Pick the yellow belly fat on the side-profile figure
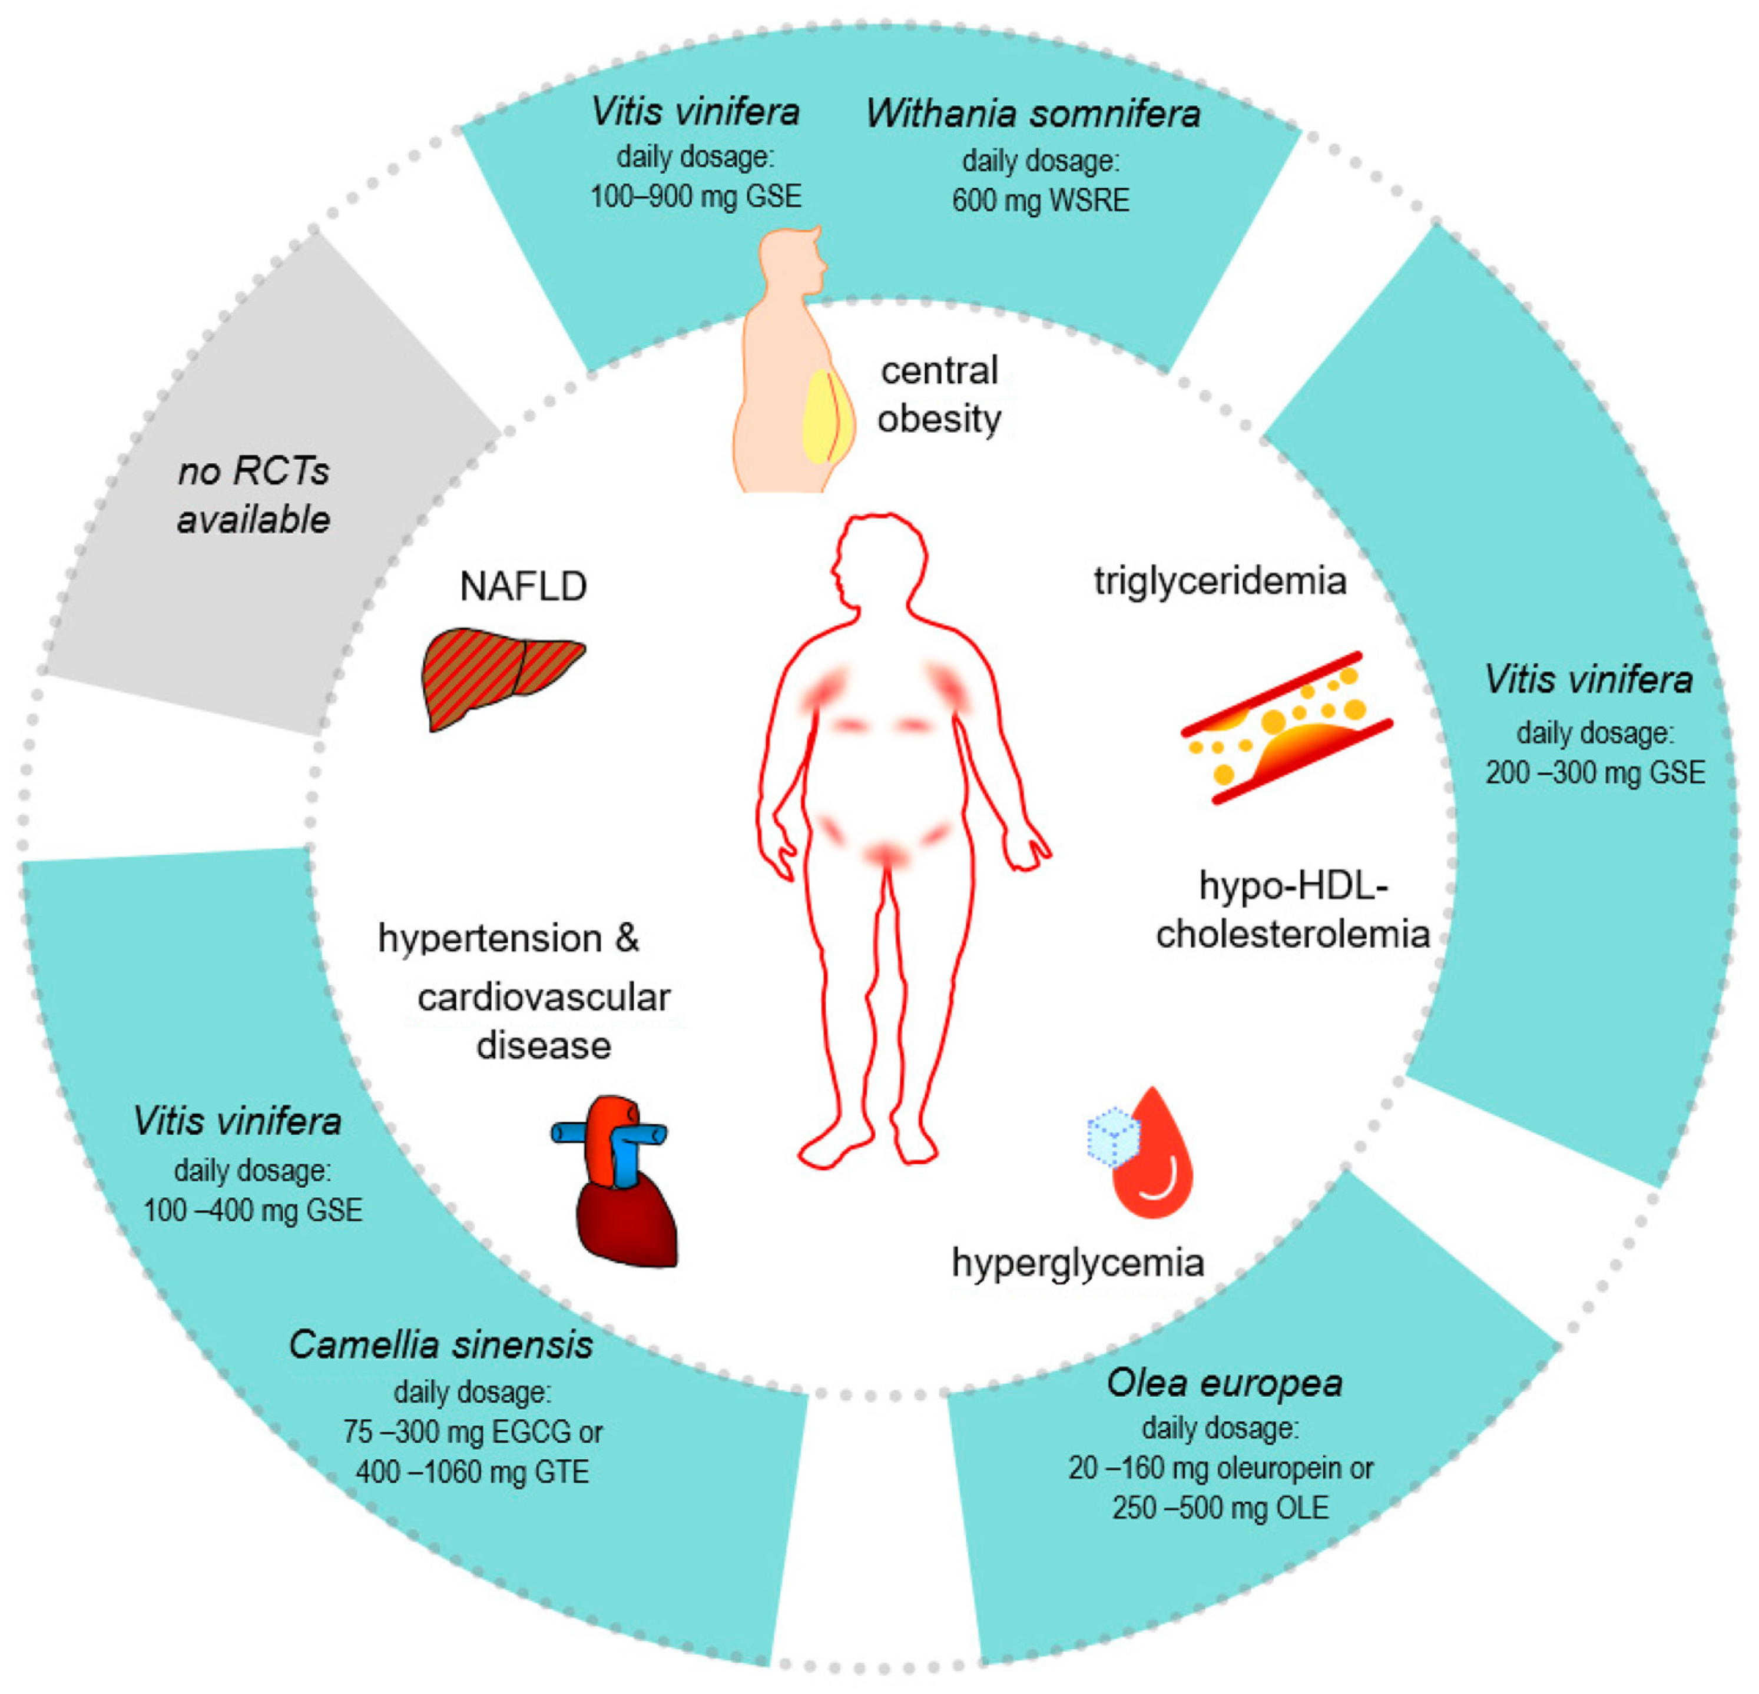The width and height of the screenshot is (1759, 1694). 826,418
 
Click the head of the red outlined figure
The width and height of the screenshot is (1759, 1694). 877,561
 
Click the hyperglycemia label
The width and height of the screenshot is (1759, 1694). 1078,1263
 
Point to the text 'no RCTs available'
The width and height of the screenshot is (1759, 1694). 254,495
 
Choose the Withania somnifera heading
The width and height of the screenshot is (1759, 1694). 1033,114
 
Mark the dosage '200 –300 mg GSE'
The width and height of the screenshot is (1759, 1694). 1595,772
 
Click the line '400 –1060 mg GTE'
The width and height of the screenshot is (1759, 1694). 472,1472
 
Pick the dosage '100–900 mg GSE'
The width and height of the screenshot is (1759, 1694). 695,197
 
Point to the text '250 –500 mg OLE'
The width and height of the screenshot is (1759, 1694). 1221,1507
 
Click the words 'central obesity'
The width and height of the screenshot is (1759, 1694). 939,395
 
